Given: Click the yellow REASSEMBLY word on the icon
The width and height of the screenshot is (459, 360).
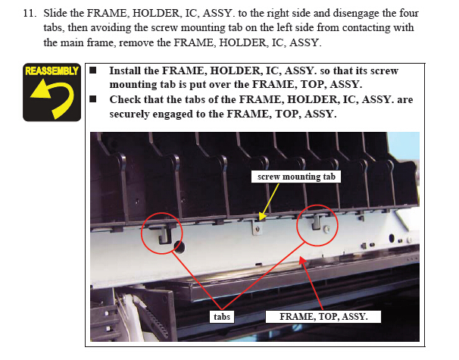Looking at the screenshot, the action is (x=52, y=70).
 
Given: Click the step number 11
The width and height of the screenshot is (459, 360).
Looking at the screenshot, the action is (x=30, y=14).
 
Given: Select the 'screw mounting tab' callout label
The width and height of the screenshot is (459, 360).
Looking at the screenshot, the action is (x=296, y=177).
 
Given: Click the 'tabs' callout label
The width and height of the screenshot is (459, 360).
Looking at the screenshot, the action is (x=222, y=317).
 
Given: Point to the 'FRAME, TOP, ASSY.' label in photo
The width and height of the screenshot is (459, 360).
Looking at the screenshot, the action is (x=323, y=317).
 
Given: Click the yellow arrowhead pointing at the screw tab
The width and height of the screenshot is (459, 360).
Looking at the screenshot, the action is (x=262, y=217).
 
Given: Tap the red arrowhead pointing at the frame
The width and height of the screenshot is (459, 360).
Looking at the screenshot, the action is (x=303, y=260).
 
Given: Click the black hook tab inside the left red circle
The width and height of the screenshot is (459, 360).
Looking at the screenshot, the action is (x=164, y=235).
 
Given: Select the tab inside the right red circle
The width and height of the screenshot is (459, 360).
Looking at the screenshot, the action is (x=316, y=222).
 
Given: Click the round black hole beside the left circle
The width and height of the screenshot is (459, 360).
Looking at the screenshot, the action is (x=179, y=248).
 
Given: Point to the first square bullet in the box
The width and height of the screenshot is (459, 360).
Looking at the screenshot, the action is (x=93, y=70).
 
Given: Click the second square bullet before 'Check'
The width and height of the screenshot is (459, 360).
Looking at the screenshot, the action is (x=93, y=99).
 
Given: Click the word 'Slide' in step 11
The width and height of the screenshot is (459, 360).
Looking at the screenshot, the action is (x=55, y=13).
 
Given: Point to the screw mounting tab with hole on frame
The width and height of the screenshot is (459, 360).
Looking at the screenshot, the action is (x=257, y=227).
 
